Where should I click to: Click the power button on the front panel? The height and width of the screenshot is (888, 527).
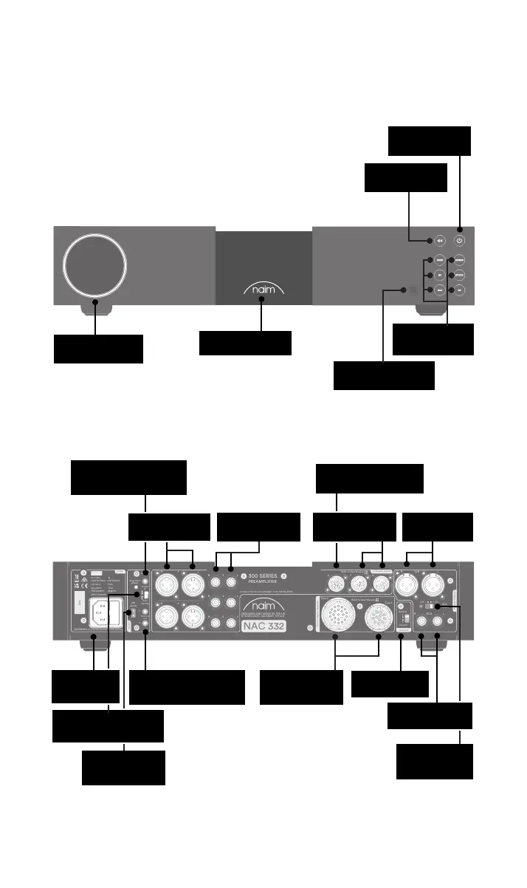(460, 240)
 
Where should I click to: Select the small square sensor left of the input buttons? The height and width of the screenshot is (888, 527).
(413, 290)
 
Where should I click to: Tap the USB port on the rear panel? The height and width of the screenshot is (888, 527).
(134, 615)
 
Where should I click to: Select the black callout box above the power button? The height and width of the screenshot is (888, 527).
(429, 141)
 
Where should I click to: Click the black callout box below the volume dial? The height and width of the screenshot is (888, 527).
(98, 349)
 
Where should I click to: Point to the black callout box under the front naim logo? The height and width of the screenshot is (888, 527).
(245, 343)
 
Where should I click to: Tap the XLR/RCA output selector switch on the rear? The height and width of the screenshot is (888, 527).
(430, 607)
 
